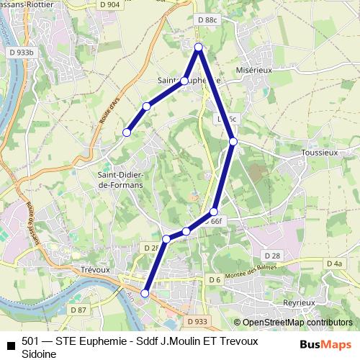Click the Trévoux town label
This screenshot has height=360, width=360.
point(94,269)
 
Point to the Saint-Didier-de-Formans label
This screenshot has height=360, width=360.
point(120,180)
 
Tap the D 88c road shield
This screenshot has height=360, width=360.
point(206,19)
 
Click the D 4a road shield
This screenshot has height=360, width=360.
point(334,264)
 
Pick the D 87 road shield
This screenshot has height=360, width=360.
point(78,310)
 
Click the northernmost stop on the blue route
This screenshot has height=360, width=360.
point(199,48)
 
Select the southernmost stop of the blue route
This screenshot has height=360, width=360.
point(145,293)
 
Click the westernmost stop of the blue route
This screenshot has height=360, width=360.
point(127,132)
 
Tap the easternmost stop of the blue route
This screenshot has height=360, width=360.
point(233,142)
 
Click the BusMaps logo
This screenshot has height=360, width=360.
point(325,344)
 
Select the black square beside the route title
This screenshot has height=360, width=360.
point(10,345)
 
